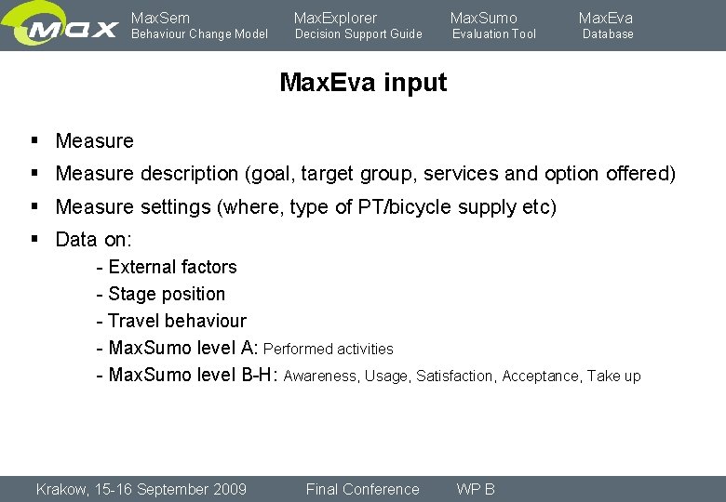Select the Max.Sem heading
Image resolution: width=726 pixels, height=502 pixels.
[160, 18]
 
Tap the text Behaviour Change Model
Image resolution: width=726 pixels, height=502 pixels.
[199, 34]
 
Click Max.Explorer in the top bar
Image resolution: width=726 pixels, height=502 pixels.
[335, 18]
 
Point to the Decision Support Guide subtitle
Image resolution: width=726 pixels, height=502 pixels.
[358, 34]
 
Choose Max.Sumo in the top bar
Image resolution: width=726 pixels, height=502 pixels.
[483, 18]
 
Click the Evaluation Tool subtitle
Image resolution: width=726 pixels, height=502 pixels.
[494, 34]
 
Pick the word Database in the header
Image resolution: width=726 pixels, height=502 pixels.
[608, 34]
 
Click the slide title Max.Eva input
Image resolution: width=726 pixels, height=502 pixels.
[363, 83]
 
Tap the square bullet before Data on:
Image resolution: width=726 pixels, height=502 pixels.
[34, 238]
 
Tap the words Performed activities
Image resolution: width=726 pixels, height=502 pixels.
[329, 350]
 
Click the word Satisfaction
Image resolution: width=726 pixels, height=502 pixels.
[456, 376]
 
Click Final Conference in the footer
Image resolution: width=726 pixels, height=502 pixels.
[362, 489]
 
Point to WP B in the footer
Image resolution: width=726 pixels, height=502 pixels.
[475, 489]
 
